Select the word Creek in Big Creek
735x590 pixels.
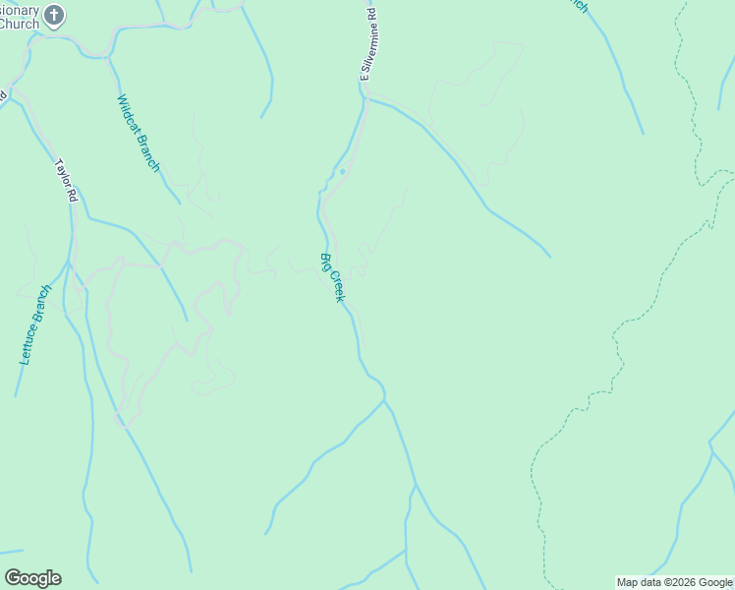coord(337,286)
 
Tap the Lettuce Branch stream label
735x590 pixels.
coord(33,325)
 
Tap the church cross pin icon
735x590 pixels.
coord(55,15)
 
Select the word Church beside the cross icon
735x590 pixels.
coord(19,24)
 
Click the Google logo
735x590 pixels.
coord(32,578)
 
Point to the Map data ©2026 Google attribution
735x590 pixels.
coord(674,582)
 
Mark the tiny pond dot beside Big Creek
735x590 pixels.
coord(342,172)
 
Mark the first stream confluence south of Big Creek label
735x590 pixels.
coord(383,400)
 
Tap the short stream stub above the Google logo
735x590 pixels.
coord(12,552)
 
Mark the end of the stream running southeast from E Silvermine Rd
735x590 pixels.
coord(550,257)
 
